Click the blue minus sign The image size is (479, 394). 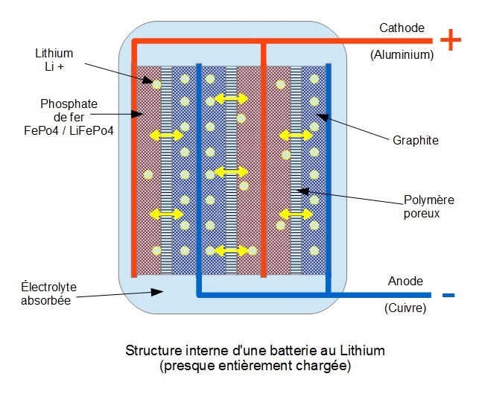tap(448, 296)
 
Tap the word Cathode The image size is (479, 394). tap(402, 28)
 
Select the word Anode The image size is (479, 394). tap(405, 282)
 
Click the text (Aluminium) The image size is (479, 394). tap(402, 54)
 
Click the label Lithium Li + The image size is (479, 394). tap(54, 60)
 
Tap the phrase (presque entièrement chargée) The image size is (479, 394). tap(256, 366)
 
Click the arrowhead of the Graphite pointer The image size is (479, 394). tap(317, 114)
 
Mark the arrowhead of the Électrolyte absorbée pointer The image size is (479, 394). tap(165, 290)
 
